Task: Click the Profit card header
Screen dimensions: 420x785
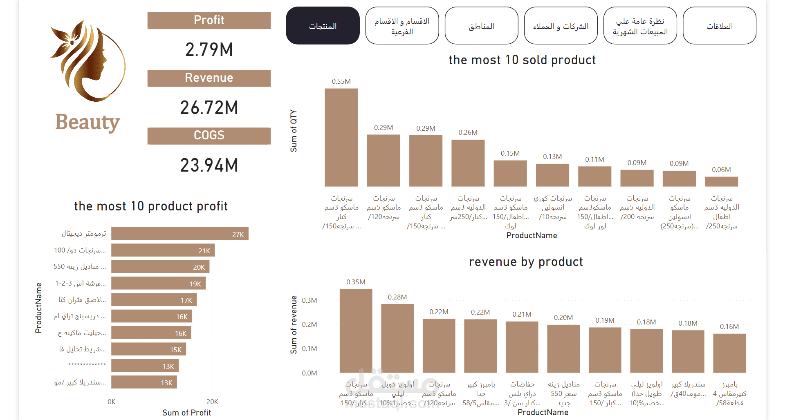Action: pyautogui.click(x=209, y=20)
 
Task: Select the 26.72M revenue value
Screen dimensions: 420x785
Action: pyautogui.click(x=209, y=108)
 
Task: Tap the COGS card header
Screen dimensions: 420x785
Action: pyautogui.click(x=209, y=136)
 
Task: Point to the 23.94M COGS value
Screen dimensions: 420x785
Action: pyautogui.click(x=209, y=165)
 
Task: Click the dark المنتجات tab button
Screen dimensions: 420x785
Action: pyautogui.click(x=323, y=26)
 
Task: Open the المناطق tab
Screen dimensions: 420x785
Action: pyautogui.click(x=481, y=26)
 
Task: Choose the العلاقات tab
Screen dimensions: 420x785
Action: pyautogui.click(x=719, y=26)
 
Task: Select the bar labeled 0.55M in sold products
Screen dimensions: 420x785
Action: pyautogui.click(x=341, y=137)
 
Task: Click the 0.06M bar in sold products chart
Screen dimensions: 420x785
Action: pyautogui.click(x=721, y=181)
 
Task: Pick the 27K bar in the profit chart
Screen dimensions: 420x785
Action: pyautogui.click(x=179, y=234)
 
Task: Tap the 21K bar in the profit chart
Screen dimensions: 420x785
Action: pyautogui.click(x=163, y=250)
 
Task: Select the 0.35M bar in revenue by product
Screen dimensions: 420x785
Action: pyautogui.click(x=356, y=331)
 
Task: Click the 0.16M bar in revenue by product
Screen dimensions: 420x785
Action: pyautogui.click(x=729, y=353)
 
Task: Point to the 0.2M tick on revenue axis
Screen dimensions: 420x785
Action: pyautogui.click(x=309, y=324)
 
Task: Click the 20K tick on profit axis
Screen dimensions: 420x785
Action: pyautogui.click(x=212, y=402)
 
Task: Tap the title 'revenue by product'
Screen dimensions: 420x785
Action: pyautogui.click(x=526, y=262)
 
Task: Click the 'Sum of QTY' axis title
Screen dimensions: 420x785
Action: pyautogui.click(x=294, y=131)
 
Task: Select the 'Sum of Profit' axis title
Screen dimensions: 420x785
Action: pyautogui.click(x=186, y=413)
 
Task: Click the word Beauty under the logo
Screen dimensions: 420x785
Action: pyautogui.click(x=87, y=122)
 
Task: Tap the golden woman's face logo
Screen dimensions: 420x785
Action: pyautogui.click(x=87, y=60)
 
